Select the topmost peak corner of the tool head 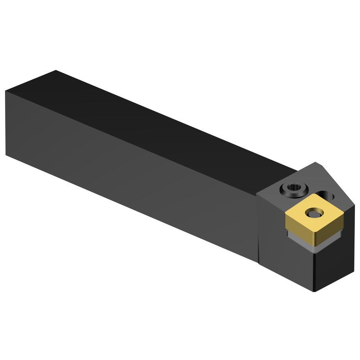[315, 162]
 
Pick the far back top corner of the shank [56, 70]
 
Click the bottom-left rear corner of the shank [6, 155]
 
